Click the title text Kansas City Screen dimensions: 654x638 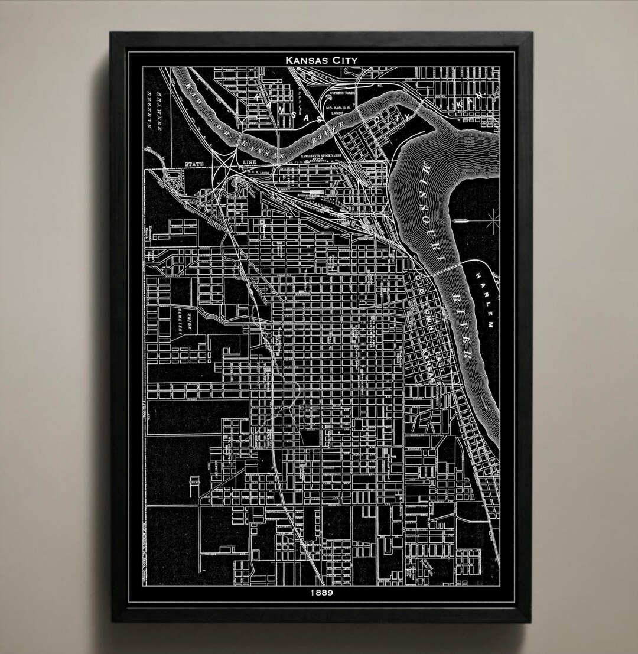click(321, 59)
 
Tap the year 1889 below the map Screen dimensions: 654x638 click(321, 591)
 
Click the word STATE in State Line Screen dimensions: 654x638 click(194, 163)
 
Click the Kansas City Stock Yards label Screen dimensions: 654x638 click(323, 156)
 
